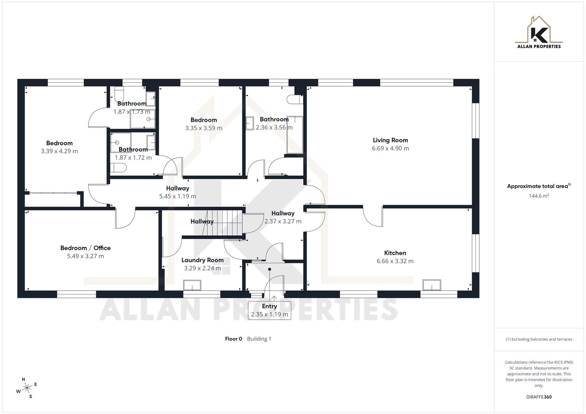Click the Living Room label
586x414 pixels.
pos(390,140)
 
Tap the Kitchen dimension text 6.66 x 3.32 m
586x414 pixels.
pos(395,261)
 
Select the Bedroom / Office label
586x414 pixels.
pos(85,248)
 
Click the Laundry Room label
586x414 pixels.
pos(202,260)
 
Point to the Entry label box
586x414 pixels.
pos(269,310)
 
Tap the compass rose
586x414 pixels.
pos(27,388)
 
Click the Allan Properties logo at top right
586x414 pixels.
pos(539,33)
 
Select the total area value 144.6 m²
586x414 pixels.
pos(539,196)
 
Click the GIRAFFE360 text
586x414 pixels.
pos(539,397)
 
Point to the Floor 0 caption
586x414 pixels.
pos(233,339)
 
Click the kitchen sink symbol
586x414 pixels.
pos(432,285)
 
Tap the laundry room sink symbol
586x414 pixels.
pos(192,286)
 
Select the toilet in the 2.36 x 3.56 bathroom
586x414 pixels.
pos(294,99)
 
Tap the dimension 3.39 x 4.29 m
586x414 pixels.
pos(59,151)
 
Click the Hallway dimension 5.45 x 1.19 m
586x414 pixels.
pos(178,196)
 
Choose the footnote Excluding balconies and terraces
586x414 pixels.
pos(539,339)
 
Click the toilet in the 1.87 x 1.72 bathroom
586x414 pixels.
pos(118,168)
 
